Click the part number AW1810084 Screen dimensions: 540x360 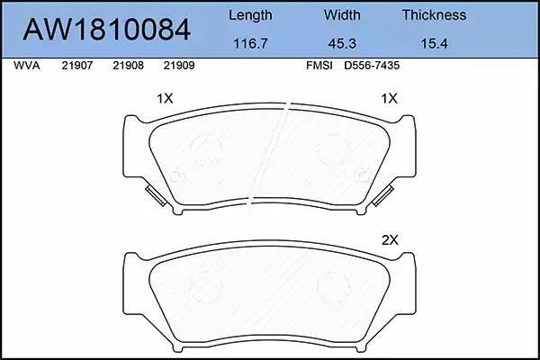coord(106,30)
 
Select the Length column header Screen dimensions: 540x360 coord(250,15)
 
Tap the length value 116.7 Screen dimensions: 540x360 coord(250,44)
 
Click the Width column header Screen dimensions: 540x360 coord(342,14)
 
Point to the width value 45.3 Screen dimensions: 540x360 coord(342,44)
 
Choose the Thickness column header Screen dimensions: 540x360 coord(434,14)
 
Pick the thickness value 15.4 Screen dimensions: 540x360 coord(434,44)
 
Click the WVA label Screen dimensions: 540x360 coord(26,66)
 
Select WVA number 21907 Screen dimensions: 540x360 coord(77,66)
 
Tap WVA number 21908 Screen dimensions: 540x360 coord(128,66)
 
